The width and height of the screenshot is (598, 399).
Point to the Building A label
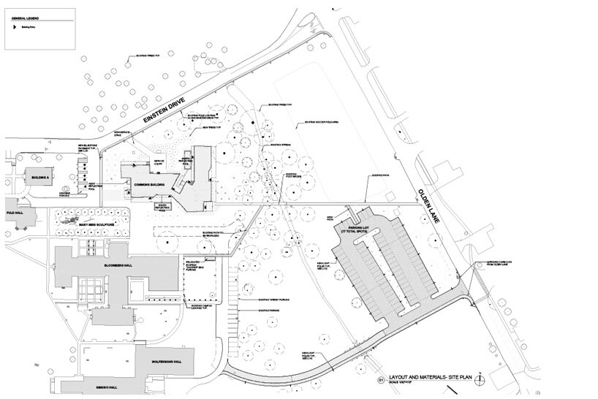click(39, 177)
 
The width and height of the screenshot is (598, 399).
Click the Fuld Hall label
click(15, 213)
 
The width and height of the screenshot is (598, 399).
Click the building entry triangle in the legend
click(12, 25)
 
